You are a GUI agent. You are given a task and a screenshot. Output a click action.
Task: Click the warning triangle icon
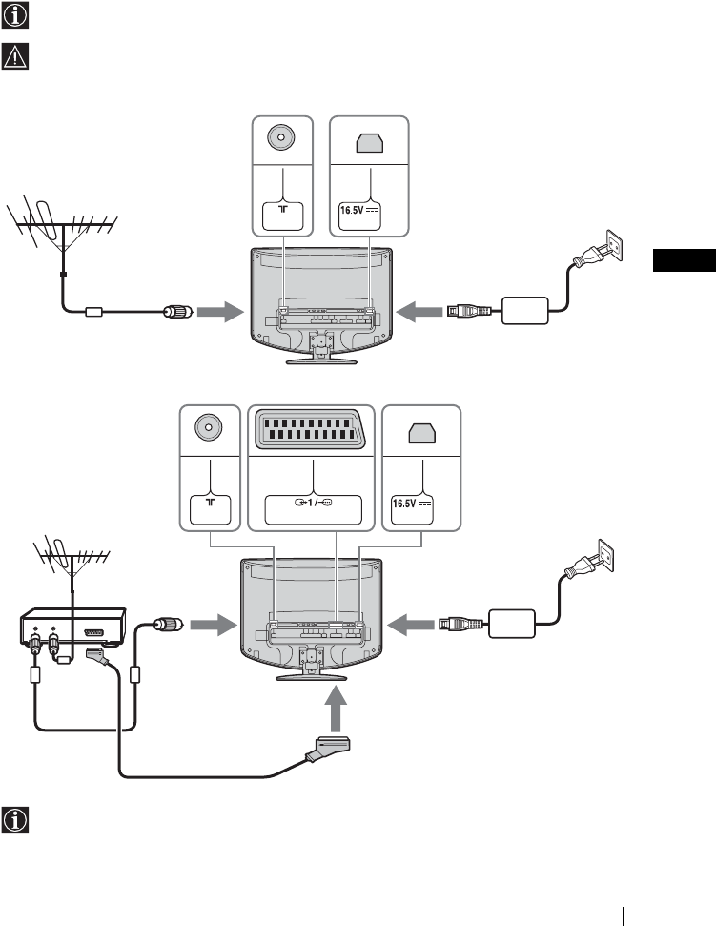pos(16,56)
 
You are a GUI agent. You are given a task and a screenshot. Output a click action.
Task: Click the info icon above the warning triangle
pos(16,16)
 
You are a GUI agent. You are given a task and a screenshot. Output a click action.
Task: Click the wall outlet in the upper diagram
pos(611,247)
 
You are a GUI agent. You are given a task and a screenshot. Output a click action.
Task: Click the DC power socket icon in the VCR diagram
pos(420,434)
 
